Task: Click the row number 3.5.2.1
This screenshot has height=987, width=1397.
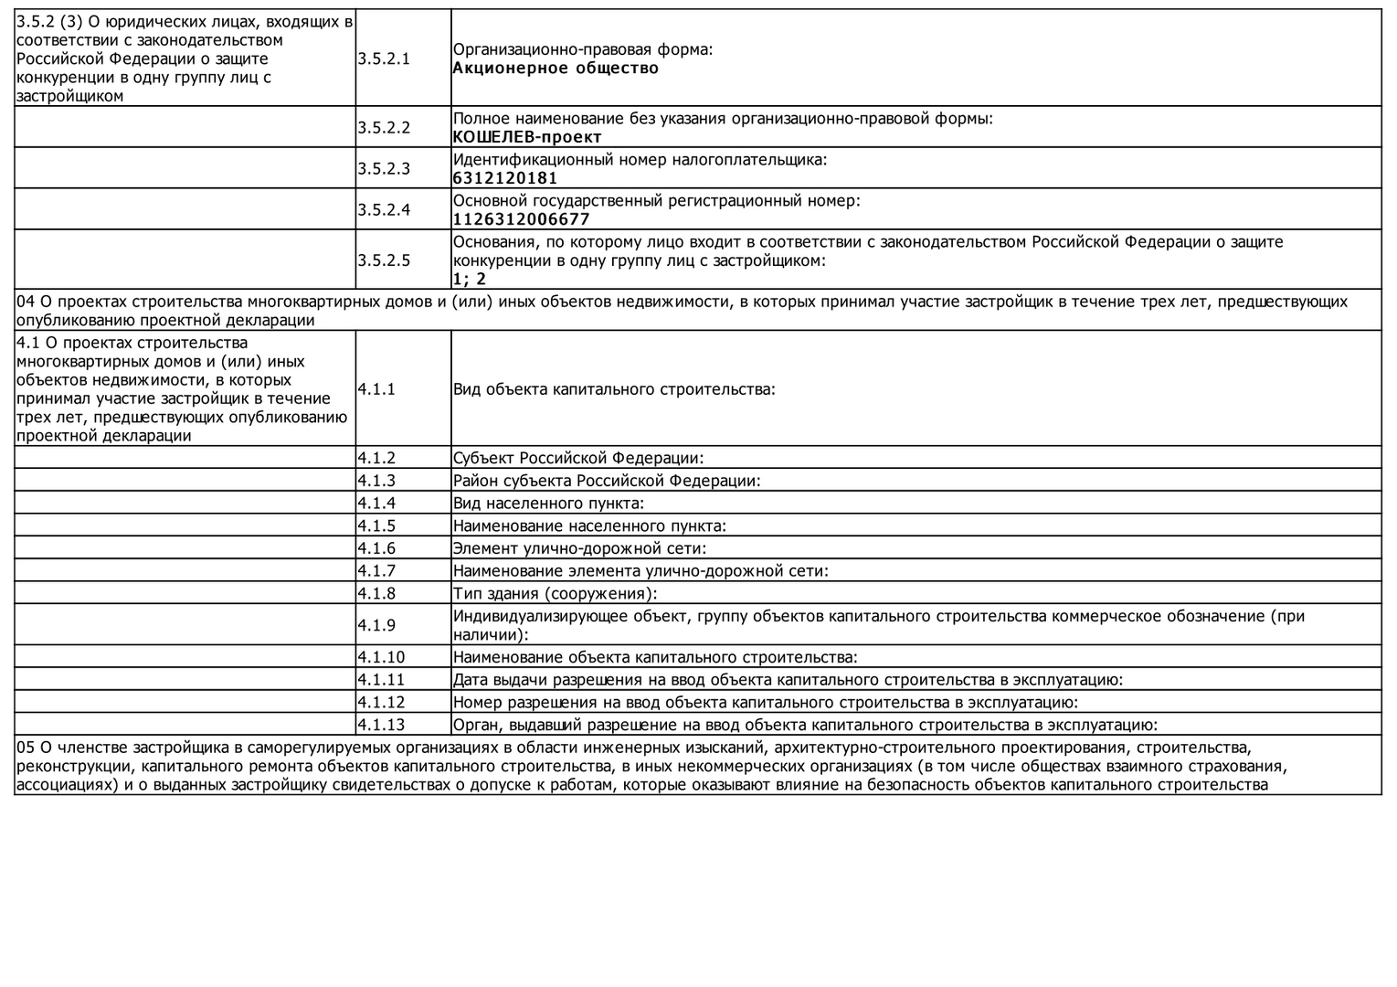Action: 384,58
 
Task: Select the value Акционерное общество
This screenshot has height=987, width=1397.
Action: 556,69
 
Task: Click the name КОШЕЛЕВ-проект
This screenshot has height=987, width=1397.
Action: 527,137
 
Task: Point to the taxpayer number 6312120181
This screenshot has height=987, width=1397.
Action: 504,178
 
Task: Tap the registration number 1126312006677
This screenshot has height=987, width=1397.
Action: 521,219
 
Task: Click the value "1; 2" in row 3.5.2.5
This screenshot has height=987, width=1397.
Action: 470,279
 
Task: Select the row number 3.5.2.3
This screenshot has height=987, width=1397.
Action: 384,168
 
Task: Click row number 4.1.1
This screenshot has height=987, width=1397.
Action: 376,389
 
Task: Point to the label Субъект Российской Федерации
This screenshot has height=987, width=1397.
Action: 578,458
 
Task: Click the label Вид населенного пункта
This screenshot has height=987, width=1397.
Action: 548,504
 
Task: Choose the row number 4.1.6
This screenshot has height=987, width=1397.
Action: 376,548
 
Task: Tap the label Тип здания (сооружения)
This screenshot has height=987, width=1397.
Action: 556,594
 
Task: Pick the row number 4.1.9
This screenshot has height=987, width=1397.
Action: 376,625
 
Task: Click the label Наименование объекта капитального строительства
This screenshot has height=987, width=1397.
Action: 655,657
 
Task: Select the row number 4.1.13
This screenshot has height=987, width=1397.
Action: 380,726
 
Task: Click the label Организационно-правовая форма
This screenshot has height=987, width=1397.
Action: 583,49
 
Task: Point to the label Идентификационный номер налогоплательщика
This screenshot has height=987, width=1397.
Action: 640,160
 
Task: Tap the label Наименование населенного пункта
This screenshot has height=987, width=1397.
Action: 589,526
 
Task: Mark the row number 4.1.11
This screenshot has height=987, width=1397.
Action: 380,680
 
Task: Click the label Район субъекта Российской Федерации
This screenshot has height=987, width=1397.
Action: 607,481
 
